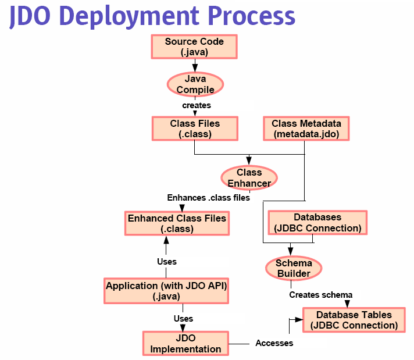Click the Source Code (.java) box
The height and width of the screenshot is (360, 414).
click(194, 47)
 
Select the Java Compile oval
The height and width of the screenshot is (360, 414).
click(195, 84)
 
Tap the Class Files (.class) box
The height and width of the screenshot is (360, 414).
click(195, 129)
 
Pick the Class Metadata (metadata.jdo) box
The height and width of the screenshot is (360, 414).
click(306, 129)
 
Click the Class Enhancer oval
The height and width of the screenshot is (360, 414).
click(249, 178)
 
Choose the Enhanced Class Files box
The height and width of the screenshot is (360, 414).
click(177, 223)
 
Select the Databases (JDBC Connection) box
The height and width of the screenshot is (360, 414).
click(317, 223)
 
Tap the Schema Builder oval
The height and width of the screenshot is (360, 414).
click(294, 268)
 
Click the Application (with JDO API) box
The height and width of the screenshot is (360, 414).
click(166, 291)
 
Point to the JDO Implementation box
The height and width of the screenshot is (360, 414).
click(185, 343)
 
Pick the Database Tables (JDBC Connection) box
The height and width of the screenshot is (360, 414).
click(354, 320)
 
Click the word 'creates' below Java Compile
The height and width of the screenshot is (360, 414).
click(197, 105)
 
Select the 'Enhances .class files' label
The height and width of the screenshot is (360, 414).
click(208, 198)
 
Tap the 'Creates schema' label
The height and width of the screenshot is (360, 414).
click(320, 294)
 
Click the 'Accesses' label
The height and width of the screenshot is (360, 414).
click(274, 343)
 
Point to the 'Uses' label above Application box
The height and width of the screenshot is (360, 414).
click(167, 262)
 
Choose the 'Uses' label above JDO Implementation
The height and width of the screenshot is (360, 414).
click(183, 319)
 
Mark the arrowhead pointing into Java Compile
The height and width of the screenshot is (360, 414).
click(195, 68)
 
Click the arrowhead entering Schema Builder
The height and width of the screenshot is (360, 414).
click(290, 251)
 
